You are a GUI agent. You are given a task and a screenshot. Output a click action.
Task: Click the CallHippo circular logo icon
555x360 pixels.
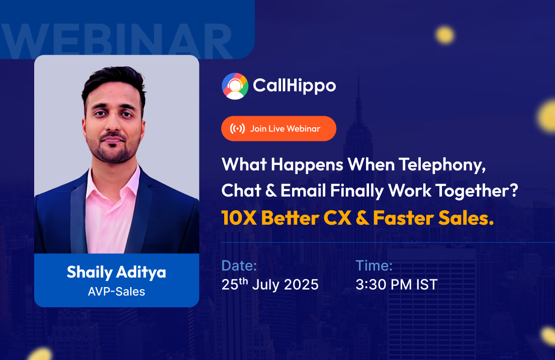coord(235,86)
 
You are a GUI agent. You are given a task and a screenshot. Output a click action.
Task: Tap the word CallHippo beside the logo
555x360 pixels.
coord(294,86)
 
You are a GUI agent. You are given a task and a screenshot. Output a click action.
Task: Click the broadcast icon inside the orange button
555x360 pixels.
coord(237,129)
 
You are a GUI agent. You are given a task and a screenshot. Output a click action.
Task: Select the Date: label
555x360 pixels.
coord(239,266)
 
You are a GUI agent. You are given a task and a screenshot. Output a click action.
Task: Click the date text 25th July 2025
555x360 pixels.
coord(270,284)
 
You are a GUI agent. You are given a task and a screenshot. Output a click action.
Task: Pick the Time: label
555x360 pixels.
coord(374,266)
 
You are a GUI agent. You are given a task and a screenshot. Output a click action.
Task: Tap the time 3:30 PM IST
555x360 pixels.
coord(397,285)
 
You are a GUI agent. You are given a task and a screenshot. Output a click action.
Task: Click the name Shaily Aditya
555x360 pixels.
coord(116,272)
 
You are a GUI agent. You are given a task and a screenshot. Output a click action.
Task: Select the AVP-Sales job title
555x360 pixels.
coord(116,291)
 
